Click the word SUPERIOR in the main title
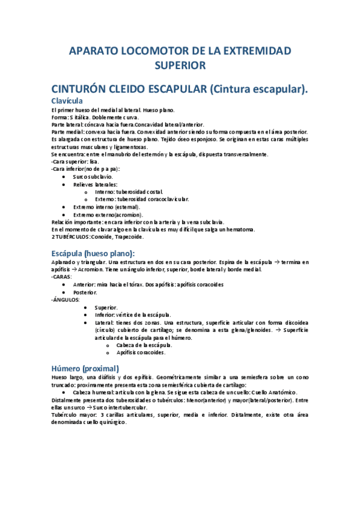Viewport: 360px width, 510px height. pyautogui.click(x=180, y=64)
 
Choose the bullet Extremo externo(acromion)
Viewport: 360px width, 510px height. pyautogui.click(x=108, y=215)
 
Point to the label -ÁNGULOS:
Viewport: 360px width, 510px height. pyautogui.click(x=66, y=300)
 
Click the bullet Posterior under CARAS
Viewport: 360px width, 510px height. pyautogui.click(x=85, y=292)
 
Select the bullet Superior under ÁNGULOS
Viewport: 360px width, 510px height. pyautogui.click(x=106, y=307)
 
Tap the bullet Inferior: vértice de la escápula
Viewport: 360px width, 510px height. pyautogui.click(x=132, y=315)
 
